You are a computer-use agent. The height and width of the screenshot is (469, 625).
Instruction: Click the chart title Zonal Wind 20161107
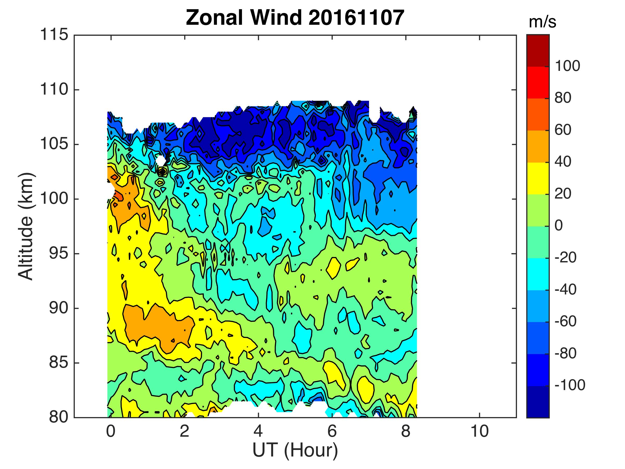pos(295,18)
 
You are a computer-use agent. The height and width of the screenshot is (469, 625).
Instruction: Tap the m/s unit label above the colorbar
pos(542,23)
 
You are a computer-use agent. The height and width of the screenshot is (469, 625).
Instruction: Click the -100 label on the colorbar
pos(570,385)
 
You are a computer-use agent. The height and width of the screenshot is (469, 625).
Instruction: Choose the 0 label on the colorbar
pos(559,226)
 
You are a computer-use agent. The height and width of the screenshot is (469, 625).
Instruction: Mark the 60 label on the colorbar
pos(563,130)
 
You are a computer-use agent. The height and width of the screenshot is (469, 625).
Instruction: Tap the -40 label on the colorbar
pos(565,289)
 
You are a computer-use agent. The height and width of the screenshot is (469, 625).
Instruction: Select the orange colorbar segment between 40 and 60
pos(538,146)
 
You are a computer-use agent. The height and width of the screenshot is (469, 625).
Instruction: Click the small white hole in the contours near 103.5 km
pos(160,161)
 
